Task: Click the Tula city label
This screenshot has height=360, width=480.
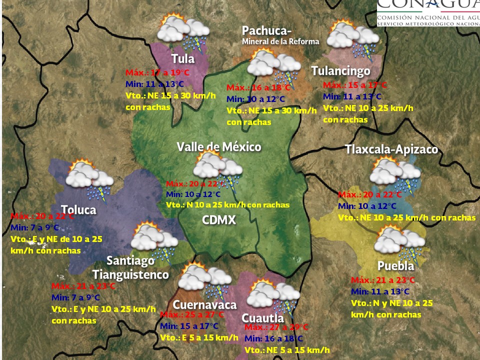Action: tap(183, 59)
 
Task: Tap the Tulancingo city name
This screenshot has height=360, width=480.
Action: tap(340, 71)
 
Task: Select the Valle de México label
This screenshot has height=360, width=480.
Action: tap(219, 146)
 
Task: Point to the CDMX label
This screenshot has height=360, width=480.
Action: tap(219, 220)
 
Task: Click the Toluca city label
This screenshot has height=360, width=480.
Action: tap(78, 209)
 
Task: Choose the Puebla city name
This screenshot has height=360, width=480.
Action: tap(395, 265)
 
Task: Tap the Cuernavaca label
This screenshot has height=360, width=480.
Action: tap(204, 304)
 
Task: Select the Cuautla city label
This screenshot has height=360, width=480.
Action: tap(262, 318)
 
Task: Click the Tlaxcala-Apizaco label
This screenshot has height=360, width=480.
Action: tap(391, 149)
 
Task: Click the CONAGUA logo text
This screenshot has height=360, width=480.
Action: tap(427, 7)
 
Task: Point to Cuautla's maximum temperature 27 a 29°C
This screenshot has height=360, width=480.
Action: tap(276, 327)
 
